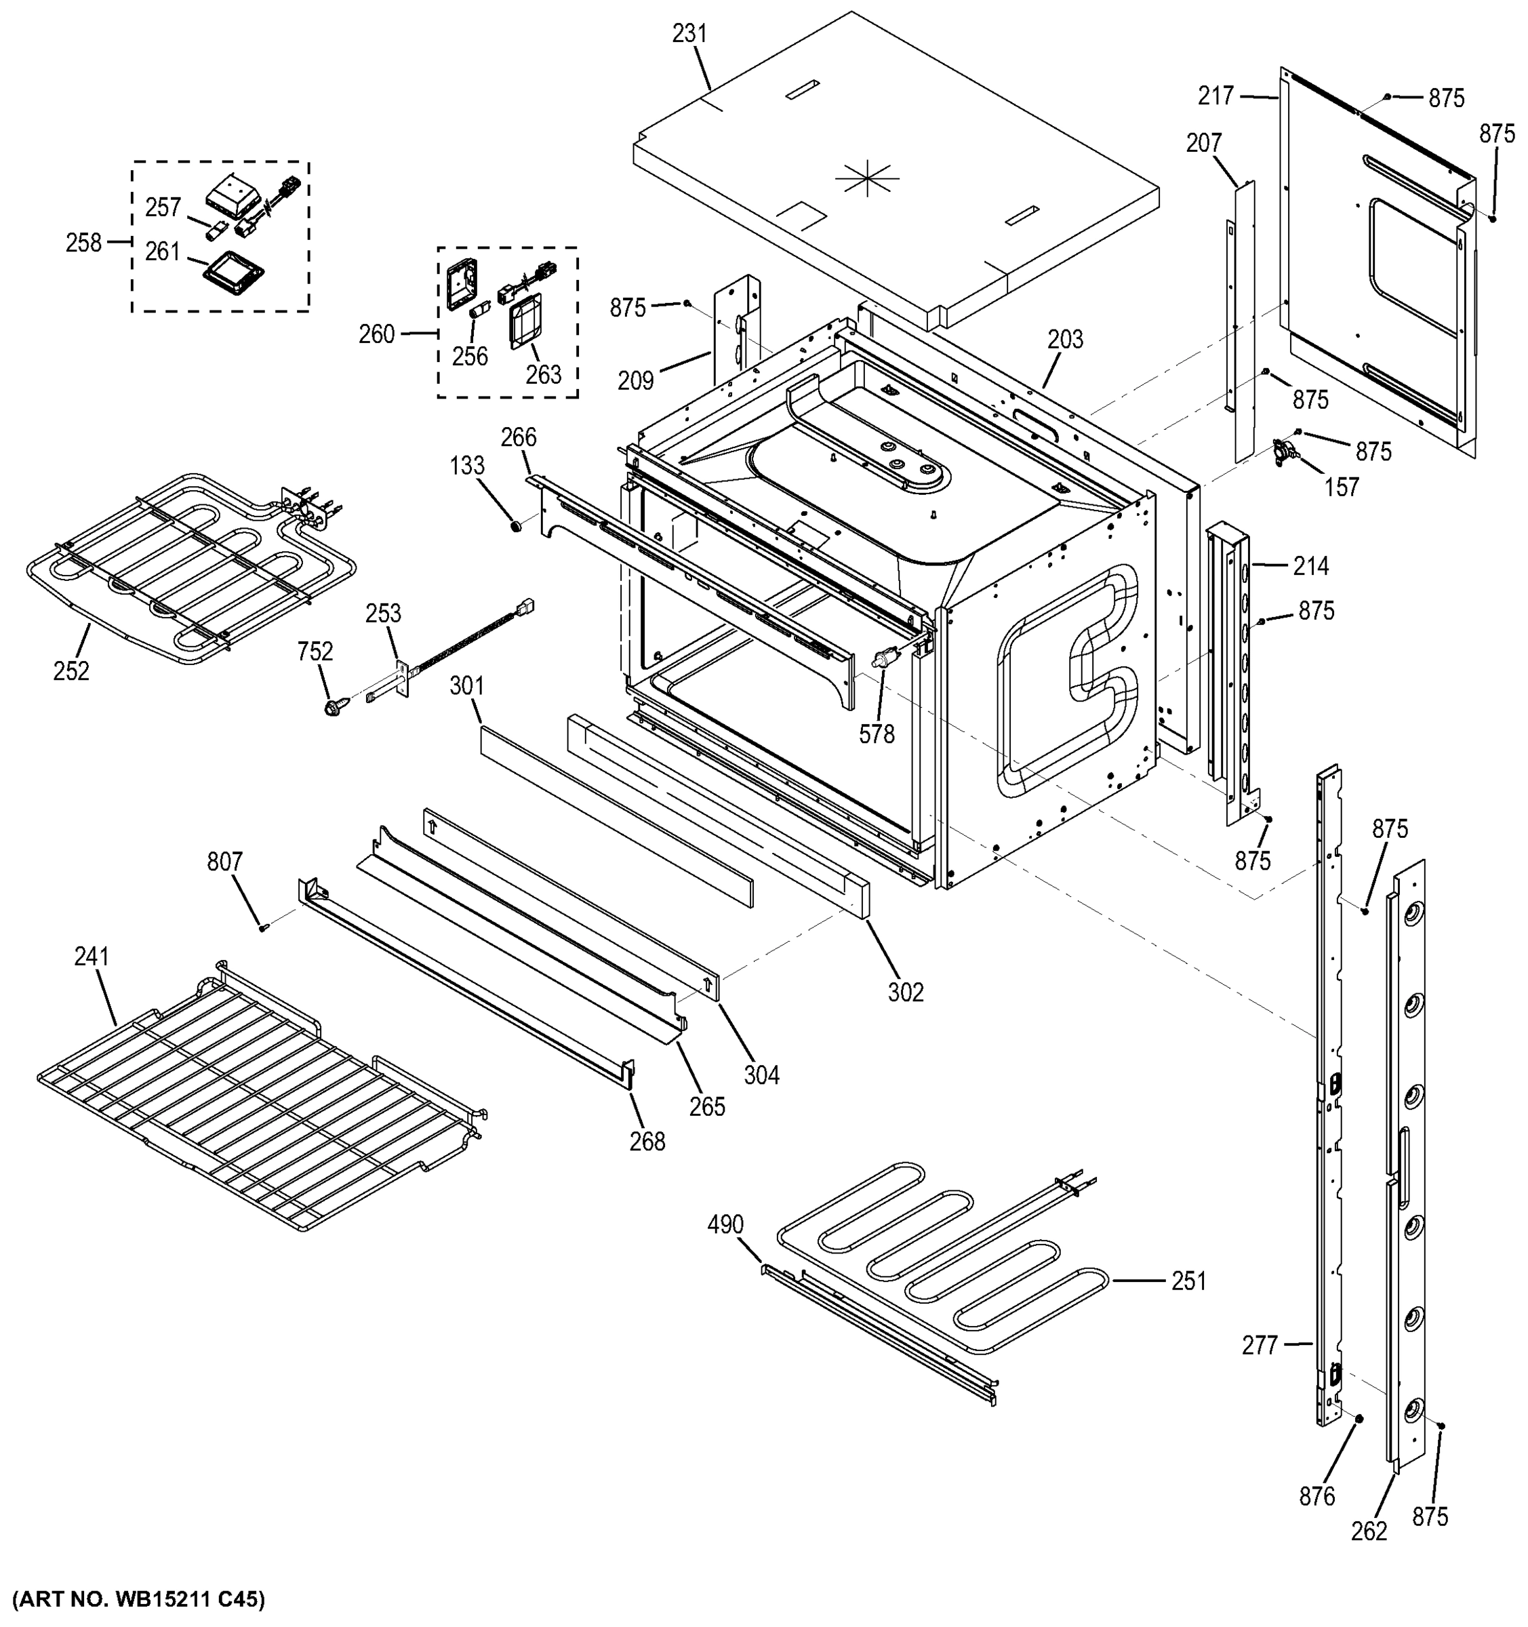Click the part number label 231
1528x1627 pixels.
coord(689,33)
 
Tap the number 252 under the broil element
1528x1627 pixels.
coord(71,671)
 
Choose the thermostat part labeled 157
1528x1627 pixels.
coord(1287,451)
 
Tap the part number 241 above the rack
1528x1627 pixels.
coord(92,956)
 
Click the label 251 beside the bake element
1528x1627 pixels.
coord(1188,1281)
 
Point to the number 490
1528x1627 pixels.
coord(725,1225)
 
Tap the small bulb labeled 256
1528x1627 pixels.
coord(478,311)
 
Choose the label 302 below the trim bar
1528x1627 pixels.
coord(905,992)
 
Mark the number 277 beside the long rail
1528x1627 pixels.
coord(1260,1346)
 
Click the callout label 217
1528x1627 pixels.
coord(1215,96)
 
